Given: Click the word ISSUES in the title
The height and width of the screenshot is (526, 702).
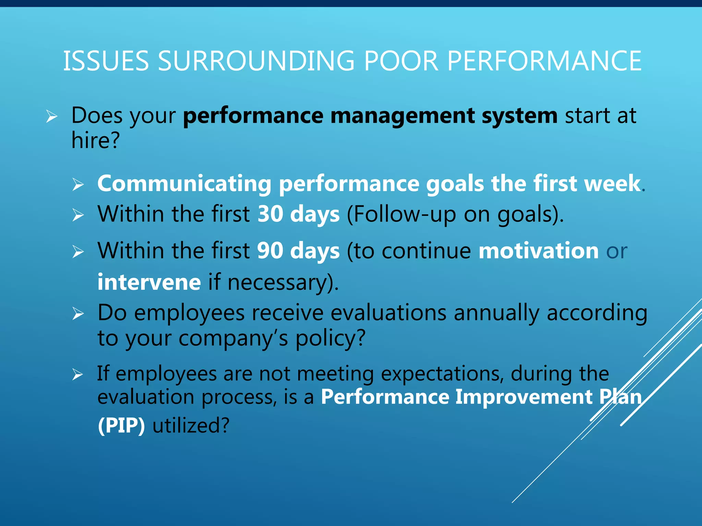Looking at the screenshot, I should click(106, 61).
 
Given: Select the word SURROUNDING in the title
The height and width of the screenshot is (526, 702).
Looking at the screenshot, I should click(256, 61).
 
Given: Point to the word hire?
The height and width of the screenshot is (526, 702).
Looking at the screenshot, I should click(96, 140).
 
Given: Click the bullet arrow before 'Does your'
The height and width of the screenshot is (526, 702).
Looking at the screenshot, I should click(52, 117).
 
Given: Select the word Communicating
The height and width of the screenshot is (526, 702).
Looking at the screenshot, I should click(184, 184).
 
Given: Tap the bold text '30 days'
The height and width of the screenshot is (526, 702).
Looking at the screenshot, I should click(298, 214).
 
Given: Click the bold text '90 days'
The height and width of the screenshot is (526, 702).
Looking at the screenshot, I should click(298, 251).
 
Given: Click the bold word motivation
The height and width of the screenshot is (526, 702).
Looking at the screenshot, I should click(538, 251).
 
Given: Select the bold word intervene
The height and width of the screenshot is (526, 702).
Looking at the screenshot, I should click(149, 283).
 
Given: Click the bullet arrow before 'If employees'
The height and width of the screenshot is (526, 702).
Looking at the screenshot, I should click(78, 375).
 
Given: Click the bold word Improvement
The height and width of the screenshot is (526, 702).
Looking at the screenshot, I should click(524, 397).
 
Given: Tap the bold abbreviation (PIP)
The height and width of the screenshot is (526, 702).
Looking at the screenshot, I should click(121, 426).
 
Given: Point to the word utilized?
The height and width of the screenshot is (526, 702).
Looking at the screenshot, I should click(191, 426).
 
